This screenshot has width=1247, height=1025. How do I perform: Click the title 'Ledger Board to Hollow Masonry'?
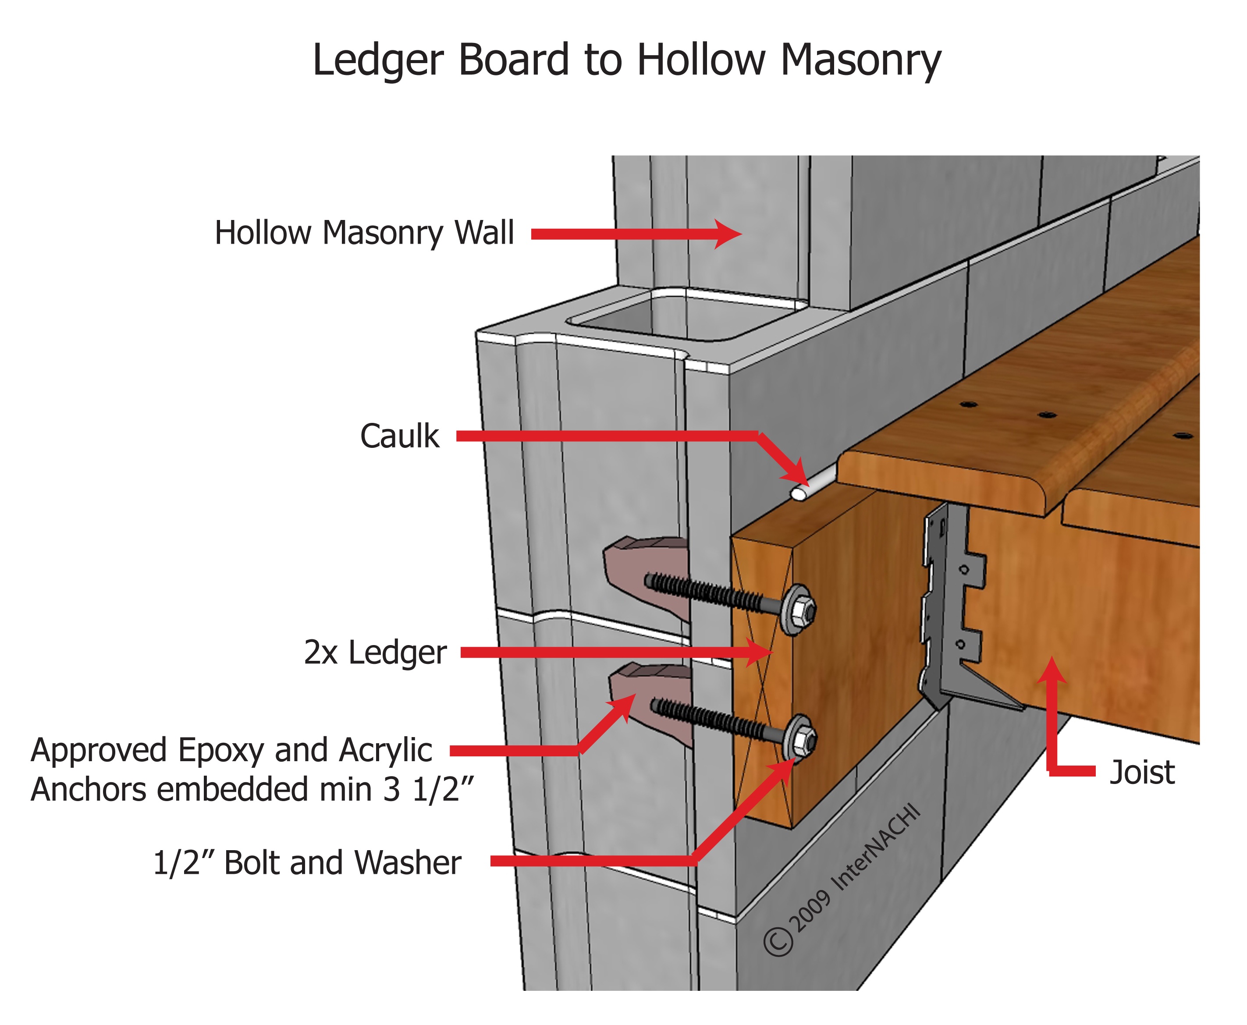pos(626,60)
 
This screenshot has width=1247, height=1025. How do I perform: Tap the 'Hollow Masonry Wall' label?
pos(364,233)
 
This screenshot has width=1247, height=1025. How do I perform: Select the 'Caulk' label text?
pos(400,437)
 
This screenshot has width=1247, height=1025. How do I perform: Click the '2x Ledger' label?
pos(375,653)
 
